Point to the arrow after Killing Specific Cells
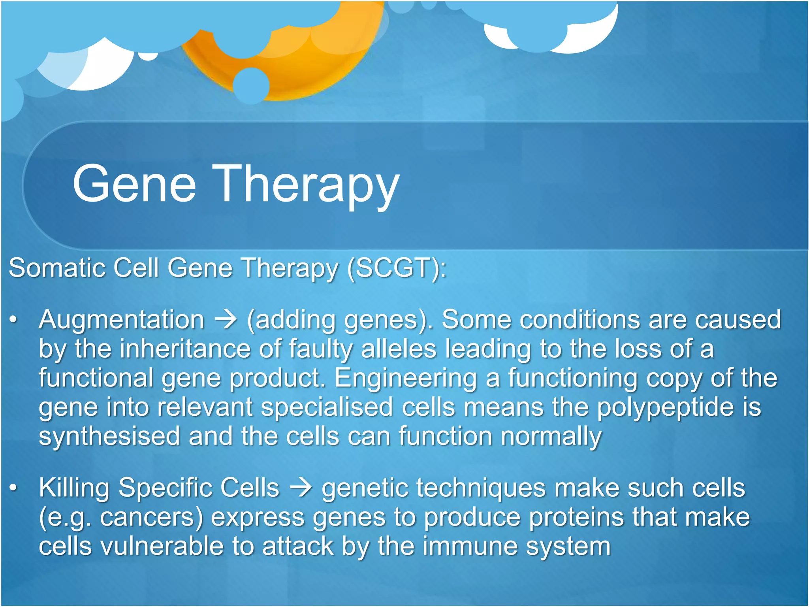point(301,488)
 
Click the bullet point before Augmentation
point(13,320)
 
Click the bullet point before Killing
point(13,488)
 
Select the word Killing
point(74,488)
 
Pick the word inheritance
point(185,349)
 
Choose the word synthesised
point(109,436)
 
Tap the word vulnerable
point(162,546)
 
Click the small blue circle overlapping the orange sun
point(251,85)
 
